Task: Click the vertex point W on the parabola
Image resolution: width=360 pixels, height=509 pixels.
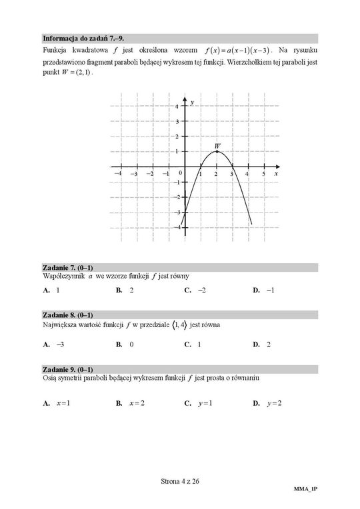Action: pos(217,151)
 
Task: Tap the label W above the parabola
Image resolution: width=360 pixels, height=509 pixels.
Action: pos(217,145)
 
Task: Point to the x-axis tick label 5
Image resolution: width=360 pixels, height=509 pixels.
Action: pos(263,173)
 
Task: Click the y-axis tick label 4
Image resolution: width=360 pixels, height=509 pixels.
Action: pos(177,107)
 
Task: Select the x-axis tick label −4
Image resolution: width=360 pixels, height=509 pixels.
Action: pos(118,173)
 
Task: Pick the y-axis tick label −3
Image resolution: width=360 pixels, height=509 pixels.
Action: pos(176,213)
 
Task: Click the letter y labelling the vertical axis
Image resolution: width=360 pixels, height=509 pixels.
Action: pos(191,103)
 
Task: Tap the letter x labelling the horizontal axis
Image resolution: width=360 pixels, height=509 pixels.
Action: pos(275,173)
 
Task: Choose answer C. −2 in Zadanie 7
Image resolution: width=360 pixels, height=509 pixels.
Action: pos(196,290)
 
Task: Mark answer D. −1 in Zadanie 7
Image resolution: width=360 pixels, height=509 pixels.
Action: pos(264,290)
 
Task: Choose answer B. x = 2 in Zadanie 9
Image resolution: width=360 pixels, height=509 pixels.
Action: pos(131,403)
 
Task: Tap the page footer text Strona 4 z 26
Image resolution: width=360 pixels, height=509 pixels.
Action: pos(180,482)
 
